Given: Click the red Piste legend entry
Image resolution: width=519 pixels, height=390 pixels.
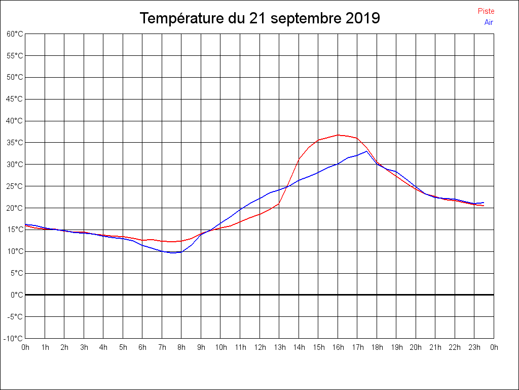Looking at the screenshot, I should [486, 11].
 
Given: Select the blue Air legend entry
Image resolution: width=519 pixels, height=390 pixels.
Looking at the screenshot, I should [488, 22].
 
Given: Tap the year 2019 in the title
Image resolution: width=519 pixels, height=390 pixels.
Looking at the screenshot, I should [362, 18].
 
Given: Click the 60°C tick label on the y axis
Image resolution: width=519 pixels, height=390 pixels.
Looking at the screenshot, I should [15, 34].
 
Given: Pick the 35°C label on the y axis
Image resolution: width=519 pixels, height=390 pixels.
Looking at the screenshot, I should [15, 143].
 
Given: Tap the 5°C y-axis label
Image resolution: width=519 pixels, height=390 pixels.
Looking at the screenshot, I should [16, 273].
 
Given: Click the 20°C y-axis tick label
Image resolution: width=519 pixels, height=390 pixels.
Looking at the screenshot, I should [15, 208].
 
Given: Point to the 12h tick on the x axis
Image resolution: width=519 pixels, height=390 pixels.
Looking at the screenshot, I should [260, 347].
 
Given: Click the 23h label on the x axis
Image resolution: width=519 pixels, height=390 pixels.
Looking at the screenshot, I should [474, 347].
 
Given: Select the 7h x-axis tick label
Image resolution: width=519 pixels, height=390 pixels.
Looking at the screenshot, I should [162, 347].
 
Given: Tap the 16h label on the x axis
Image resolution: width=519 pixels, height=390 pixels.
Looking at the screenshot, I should [338, 347].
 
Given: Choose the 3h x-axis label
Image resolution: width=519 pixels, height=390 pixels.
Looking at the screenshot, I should [84, 347].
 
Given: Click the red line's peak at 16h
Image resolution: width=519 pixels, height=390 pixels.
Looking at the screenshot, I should [338, 135].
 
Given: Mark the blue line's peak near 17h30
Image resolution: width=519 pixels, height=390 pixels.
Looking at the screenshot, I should [366, 151].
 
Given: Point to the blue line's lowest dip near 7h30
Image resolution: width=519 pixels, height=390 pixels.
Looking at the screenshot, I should [172, 252].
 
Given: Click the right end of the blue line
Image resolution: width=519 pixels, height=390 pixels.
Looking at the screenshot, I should [484, 203].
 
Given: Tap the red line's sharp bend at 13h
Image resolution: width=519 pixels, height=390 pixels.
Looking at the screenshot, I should [279, 203].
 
